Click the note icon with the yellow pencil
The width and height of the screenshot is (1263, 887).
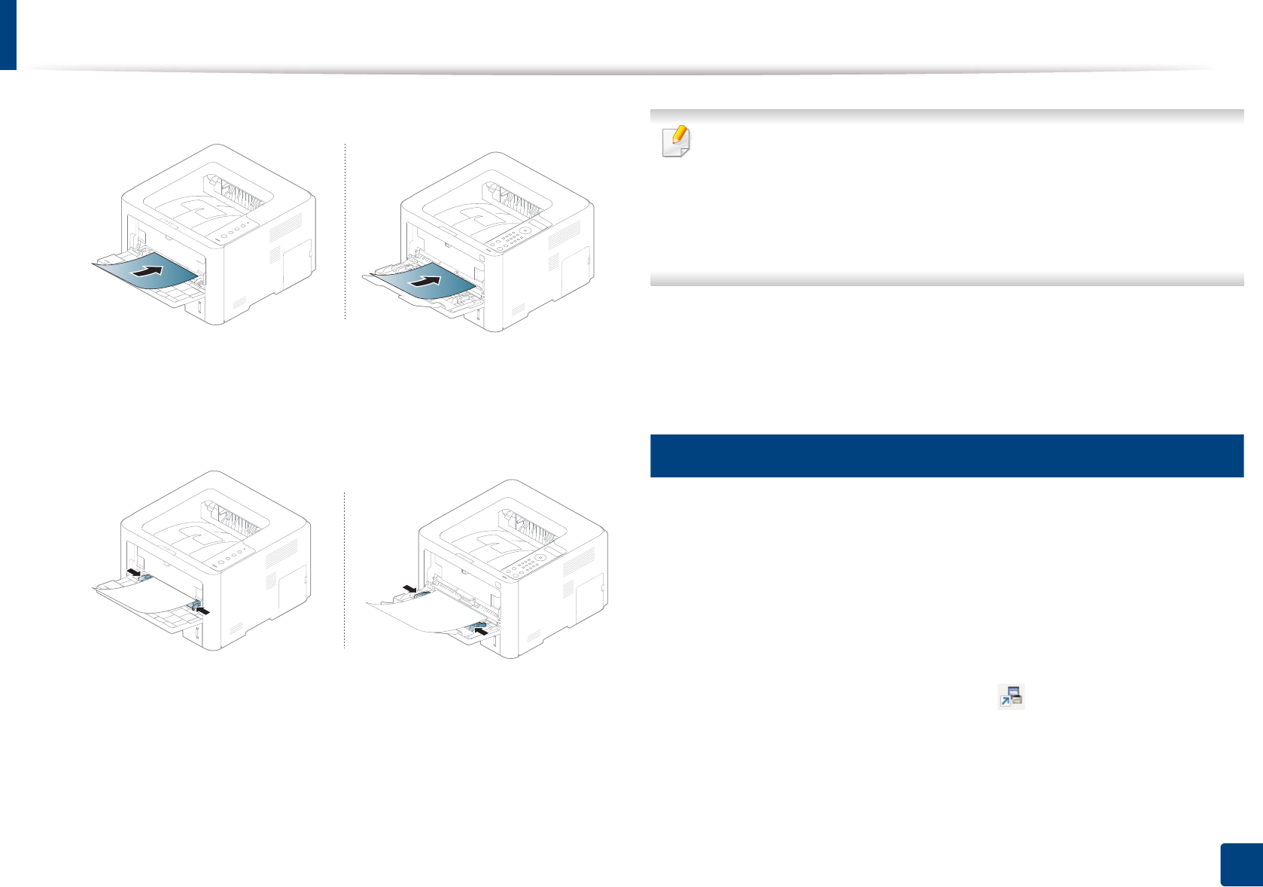(x=676, y=141)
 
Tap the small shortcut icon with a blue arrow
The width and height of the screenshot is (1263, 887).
(x=1011, y=696)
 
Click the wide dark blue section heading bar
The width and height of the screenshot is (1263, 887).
(x=946, y=456)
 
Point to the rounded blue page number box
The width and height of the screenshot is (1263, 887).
(x=1240, y=864)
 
